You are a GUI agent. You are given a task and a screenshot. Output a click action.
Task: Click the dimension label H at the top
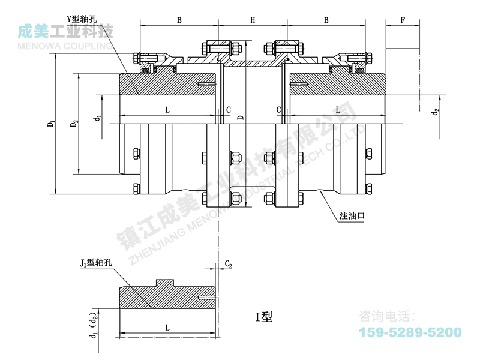tap(253, 20)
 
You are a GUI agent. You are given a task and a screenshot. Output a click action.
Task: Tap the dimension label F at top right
tap(403, 20)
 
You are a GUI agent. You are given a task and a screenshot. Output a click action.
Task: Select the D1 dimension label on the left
tap(52, 124)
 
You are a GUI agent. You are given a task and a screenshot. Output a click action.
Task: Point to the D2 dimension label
tap(74, 124)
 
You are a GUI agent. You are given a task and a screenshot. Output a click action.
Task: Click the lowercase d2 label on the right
tap(436, 112)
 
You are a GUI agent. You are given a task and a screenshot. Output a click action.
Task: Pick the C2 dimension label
tap(229, 264)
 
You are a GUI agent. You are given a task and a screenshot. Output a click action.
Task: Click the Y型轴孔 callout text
tap(82, 19)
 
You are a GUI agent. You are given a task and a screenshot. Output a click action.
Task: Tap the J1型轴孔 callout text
tap(96, 263)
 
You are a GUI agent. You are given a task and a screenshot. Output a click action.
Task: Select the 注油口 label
tap(352, 215)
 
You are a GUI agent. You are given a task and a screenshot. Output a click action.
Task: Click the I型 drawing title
tap(264, 317)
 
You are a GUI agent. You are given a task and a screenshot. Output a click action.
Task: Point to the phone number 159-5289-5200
tap(410, 332)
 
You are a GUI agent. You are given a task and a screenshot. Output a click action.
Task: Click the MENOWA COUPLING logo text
tap(65, 46)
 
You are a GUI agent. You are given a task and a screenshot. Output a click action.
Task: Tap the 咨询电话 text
tap(387, 316)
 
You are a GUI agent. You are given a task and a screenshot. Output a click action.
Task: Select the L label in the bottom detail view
tap(167, 328)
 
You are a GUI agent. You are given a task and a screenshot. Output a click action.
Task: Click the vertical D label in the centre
tap(241, 117)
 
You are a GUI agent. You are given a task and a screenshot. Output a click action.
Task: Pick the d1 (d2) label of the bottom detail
tap(94, 325)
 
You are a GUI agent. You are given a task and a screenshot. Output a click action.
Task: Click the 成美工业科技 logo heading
tap(65, 32)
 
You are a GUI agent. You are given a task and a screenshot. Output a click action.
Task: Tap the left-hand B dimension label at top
tap(179, 20)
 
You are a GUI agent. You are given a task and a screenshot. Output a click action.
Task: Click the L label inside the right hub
tap(338, 110)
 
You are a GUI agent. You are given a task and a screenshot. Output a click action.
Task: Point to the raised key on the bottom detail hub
tap(165, 283)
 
